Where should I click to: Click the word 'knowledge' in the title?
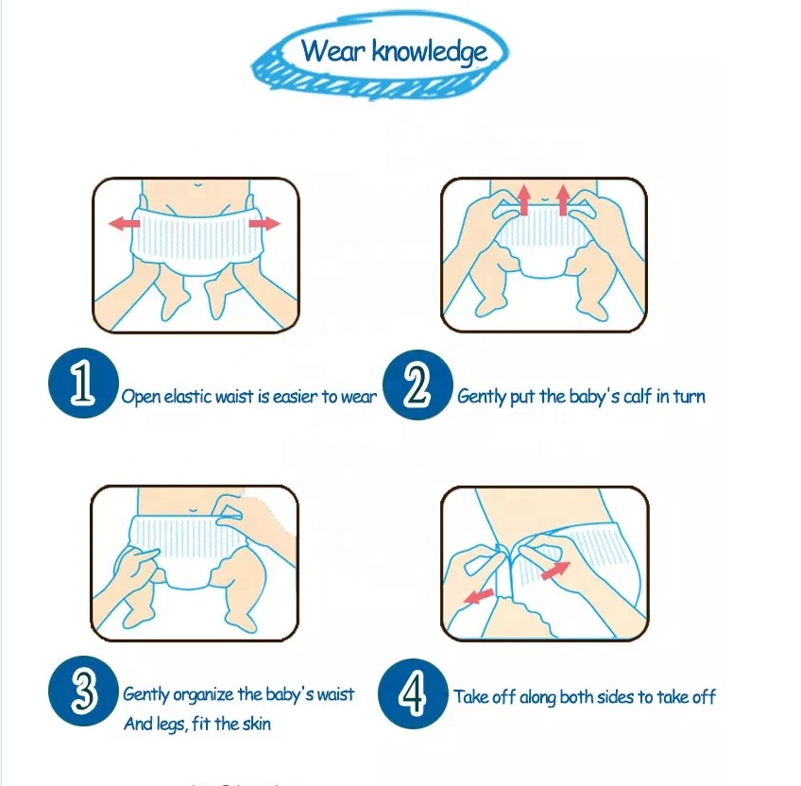(x=429, y=52)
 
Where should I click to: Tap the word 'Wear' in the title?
(x=333, y=50)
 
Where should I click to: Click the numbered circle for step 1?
(x=83, y=384)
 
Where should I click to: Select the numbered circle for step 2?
(x=418, y=384)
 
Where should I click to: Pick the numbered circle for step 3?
(x=83, y=691)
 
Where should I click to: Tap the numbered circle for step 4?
(x=413, y=693)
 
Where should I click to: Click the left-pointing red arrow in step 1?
(x=124, y=223)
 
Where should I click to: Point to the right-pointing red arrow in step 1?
(x=264, y=223)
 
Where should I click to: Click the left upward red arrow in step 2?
(x=523, y=200)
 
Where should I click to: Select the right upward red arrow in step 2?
(x=563, y=200)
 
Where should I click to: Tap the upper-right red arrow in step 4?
(x=555, y=571)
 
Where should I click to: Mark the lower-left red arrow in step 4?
(x=479, y=596)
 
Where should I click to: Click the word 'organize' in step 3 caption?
(x=203, y=695)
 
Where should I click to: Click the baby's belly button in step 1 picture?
(x=196, y=184)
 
